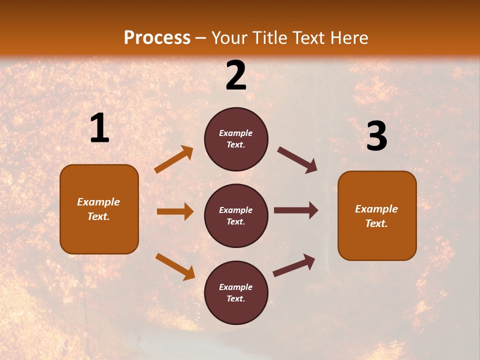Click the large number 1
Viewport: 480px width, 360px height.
99,128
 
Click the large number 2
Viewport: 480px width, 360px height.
236,75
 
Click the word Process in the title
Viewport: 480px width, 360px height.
157,37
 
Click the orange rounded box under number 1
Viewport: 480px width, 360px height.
99,209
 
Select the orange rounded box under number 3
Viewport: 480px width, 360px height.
377,215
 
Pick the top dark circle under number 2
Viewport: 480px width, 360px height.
236,139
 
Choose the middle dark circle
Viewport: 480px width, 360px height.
236,215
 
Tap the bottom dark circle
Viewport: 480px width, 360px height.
236,292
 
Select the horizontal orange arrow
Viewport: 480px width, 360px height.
175,211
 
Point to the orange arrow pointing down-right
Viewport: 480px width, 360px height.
175,266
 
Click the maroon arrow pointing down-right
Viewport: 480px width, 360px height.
297,160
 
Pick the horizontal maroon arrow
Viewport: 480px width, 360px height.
296,210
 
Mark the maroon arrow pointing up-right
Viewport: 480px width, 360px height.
294,265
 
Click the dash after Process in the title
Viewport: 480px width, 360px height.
201,38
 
